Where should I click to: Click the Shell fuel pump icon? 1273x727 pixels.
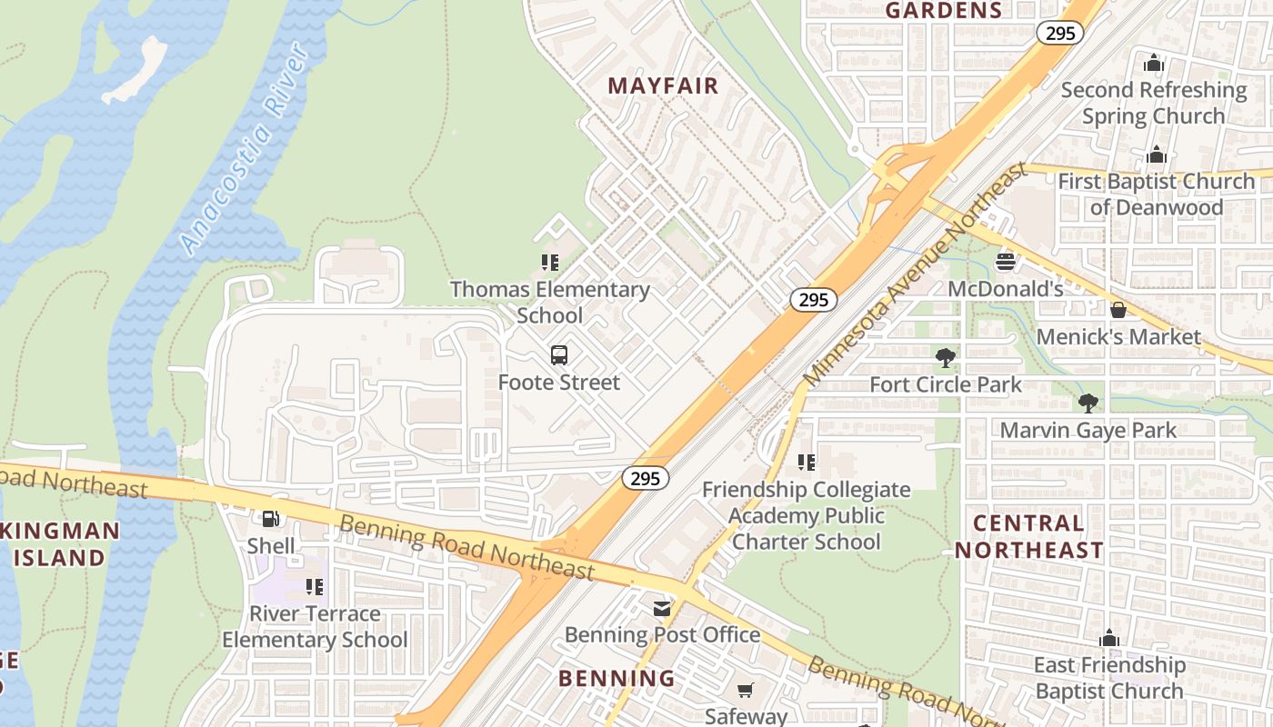click(x=270, y=519)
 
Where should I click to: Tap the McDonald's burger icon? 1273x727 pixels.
click(x=1005, y=262)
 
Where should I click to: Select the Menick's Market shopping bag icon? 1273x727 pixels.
click(x=1118, y=310)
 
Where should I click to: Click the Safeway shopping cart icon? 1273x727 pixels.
click(x=746, y=691)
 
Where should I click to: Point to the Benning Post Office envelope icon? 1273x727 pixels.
click(x=662, y=608)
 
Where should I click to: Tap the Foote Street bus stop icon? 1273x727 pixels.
click(x=559, y=355)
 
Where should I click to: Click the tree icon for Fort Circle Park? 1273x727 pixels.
click(x=946, y=358)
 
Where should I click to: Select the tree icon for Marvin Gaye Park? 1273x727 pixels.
click(x=1088, y=403)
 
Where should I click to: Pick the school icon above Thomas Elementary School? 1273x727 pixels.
click(x=550, y=263)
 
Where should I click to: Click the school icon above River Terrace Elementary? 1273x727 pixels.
click(x=315, y=587)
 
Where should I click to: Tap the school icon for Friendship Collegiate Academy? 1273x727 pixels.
click(x=806, y=463)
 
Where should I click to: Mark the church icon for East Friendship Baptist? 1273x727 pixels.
click(x=1109, y=639)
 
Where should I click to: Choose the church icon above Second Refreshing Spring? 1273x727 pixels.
click(x=1154, y=63)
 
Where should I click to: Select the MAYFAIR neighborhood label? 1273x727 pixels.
click(x=663, y=86)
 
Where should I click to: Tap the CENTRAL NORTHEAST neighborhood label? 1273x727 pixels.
click(x=1028, y=536)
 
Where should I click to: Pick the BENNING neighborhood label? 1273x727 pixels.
click(x=616, y=678)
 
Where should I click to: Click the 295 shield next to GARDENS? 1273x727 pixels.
click(x=1059, y=34)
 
